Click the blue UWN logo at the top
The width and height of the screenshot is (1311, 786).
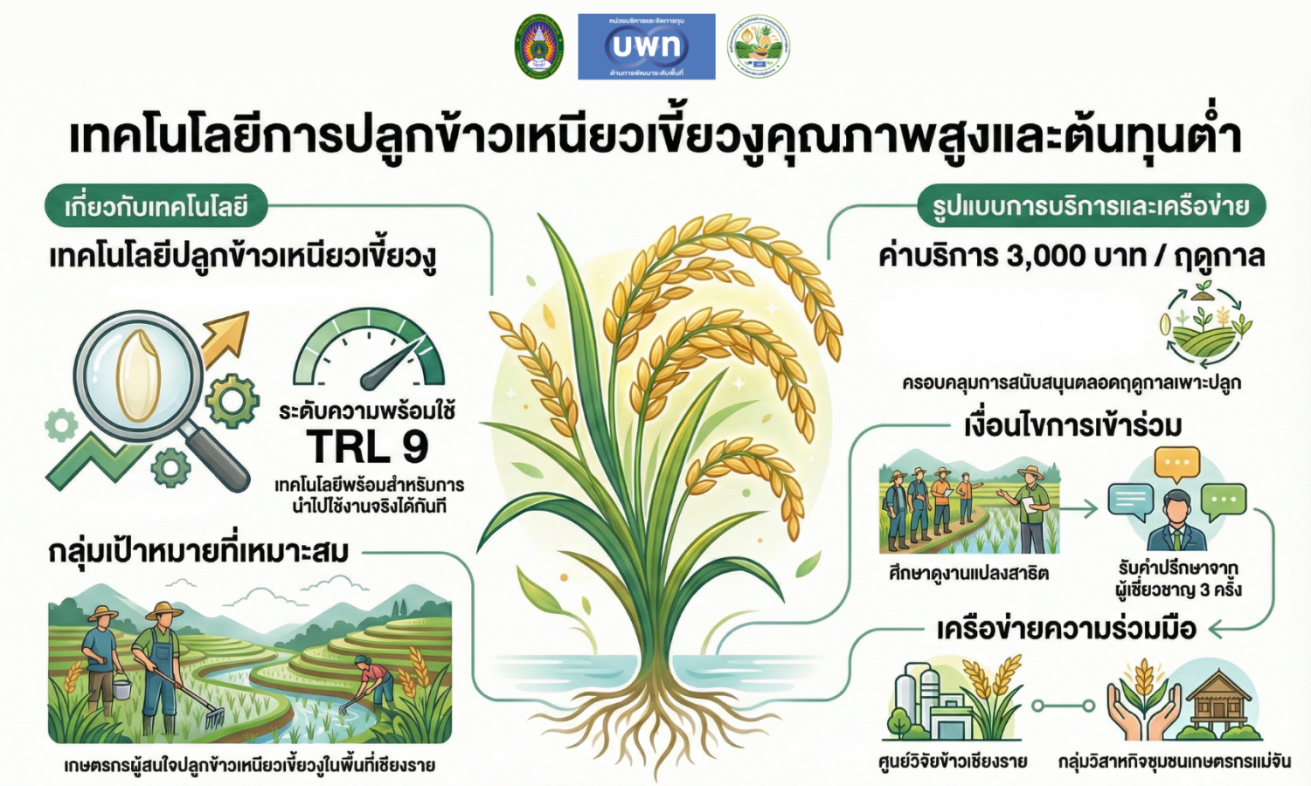(x=646, y=46)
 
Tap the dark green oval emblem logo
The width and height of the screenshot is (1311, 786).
(x=538, y=47)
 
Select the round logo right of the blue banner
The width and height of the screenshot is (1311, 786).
(x=759, y=47)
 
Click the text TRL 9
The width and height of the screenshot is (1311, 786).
(x=367, y=447)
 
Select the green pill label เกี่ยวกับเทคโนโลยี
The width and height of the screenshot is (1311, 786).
(x=156, y=207)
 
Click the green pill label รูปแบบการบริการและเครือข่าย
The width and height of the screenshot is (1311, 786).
(x=1091, y=207)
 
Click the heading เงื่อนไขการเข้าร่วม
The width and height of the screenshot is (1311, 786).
(x=1072, y=425)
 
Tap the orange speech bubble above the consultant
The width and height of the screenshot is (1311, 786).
(x=1176, y=464)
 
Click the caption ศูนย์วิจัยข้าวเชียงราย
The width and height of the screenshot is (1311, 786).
(x=953, y=762)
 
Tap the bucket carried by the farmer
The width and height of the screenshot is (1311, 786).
(x=121, y=689)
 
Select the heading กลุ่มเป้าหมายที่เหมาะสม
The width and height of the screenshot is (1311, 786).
(x=198, y=552)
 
